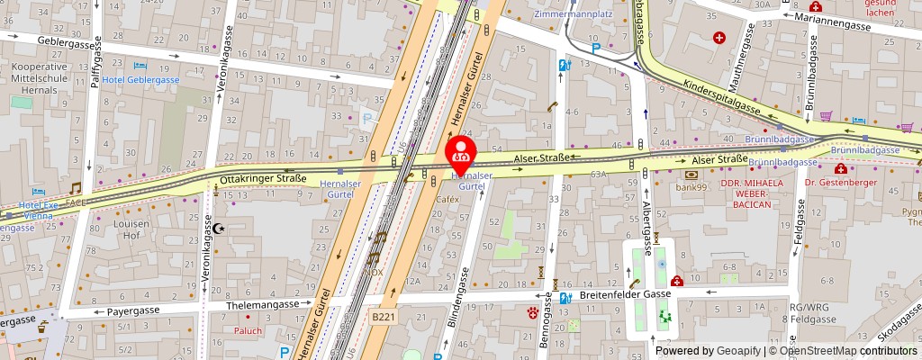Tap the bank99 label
(692, 187)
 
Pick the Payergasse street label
(133, 310)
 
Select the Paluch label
(249, 330)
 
